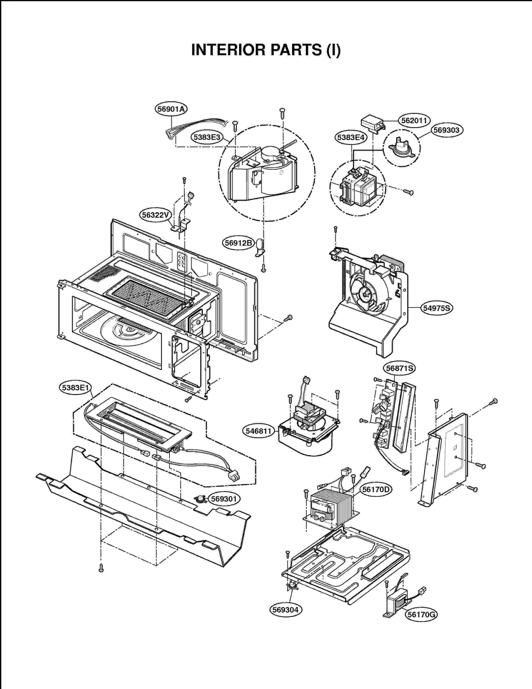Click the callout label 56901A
171,109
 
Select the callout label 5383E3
207,137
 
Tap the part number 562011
414,120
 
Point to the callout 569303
447,130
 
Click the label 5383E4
350,137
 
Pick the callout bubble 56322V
155,215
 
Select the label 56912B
238,243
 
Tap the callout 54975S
436,308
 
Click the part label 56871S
399,368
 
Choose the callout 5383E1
75,388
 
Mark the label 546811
258,431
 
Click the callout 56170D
376,490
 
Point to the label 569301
224,499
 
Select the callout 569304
286,610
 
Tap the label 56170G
421,615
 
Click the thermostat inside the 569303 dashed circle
402,148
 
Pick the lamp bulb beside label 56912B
260,247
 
